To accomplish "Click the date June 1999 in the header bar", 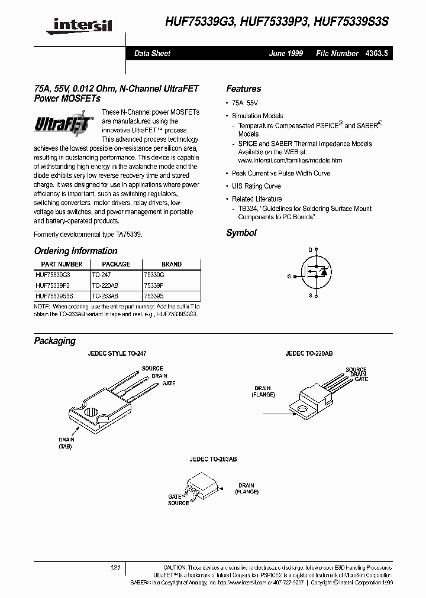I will pos(286,53).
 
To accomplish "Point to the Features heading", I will pos(243,89).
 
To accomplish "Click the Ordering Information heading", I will pos(76,251).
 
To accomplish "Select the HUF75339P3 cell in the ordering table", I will pos(52,284).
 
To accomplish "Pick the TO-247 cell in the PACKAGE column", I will pos(102,275).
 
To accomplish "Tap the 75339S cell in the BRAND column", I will pos(153,294).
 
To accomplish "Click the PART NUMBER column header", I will pos(62,264).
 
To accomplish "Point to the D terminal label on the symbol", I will pos(309,250).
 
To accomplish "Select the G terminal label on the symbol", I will pos(289,276).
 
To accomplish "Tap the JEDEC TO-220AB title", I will pos(309,353).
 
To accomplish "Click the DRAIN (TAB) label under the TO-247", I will pos(66,444).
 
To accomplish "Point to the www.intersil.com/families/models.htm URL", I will pos(290,160).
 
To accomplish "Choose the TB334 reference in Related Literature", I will pos(247,209).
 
